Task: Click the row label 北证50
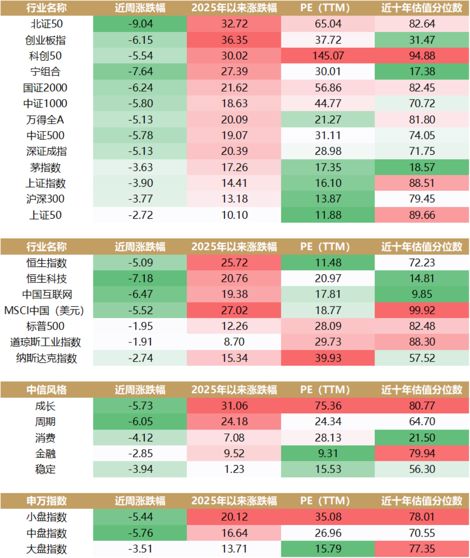(x=46, y=24)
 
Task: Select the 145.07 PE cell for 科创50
(x=328, y=56)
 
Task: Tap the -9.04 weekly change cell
(x=140, y=24)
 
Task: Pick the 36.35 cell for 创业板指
(x=234, y=40)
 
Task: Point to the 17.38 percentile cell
(x=422, y=72)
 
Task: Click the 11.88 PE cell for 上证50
(x=328, y=215)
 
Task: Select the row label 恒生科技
(x=46, y=279)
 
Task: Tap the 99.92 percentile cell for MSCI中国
(x=422, y=310)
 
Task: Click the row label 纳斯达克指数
(x=46, y=358)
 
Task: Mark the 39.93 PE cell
(x=328, y=358)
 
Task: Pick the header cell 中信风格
(x=46, y=390)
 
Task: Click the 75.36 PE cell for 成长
(x=328, y=406)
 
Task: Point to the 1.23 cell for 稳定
(x=234, y=469)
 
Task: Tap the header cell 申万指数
(x=46, y=501)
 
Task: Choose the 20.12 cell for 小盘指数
(x=234, y=517)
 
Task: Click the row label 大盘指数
(x=46, y=549)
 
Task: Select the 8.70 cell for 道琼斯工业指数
(x=234, y=342)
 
